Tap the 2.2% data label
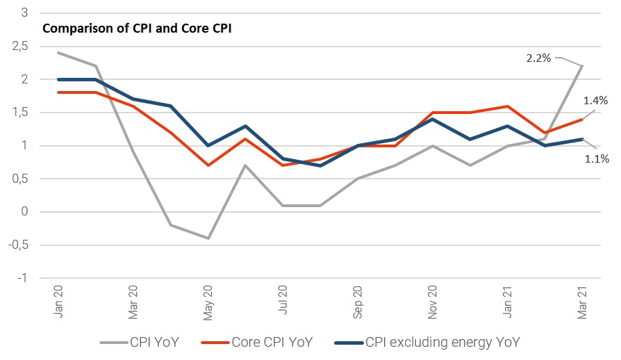pyautogui.click(x=538, y=58)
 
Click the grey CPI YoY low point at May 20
pyautogui.click(x=207, y=238)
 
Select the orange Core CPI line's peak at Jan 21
pyautogui.click(x=507, y=106)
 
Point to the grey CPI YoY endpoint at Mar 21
pyautogui.click(x=582, y=66)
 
